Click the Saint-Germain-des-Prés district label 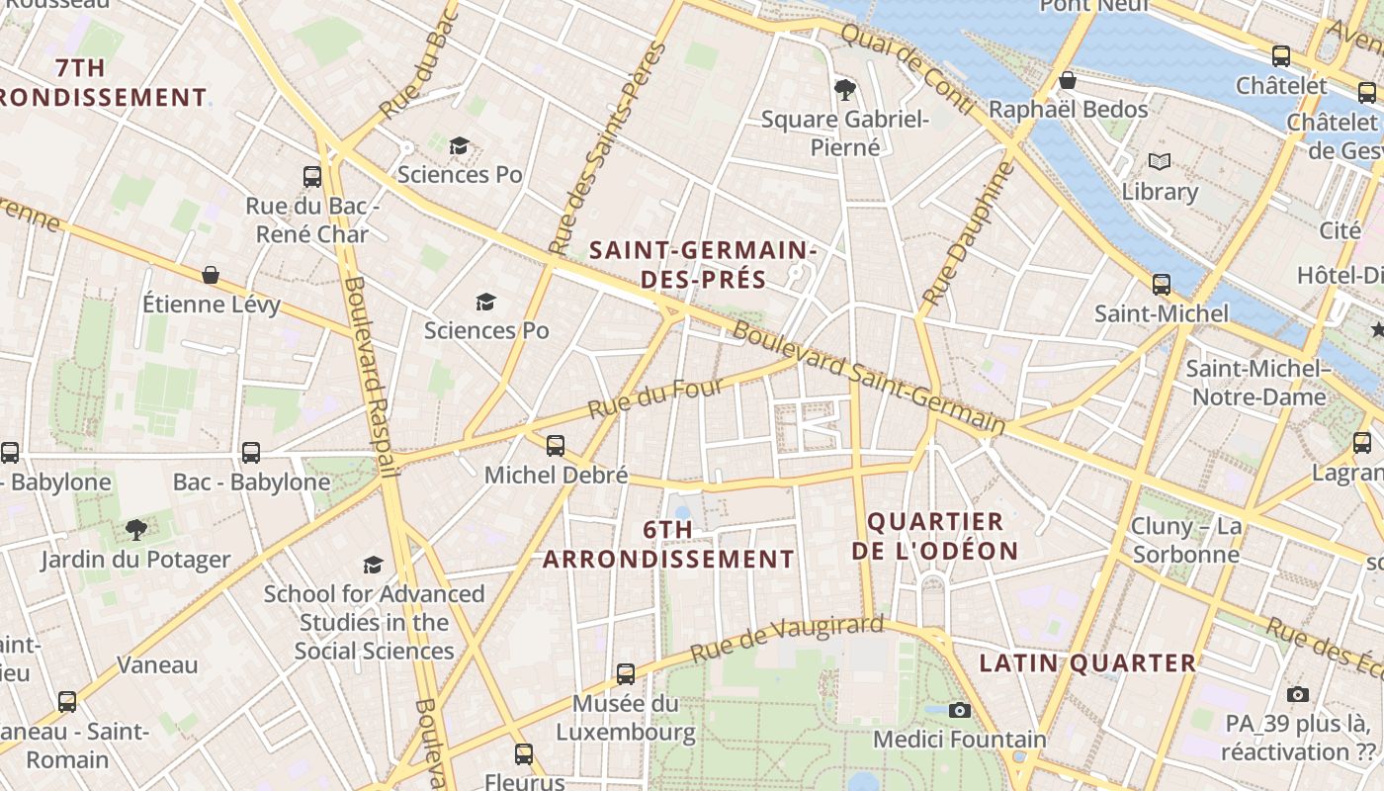(703, 265)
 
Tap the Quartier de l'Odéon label (935, 536)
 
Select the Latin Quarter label (1087, 663)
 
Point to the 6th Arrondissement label (668, 545)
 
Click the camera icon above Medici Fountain (959, 710)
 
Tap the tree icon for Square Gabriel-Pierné (845, 90)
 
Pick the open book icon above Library (1159, 161)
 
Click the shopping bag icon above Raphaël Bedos (1068, 80)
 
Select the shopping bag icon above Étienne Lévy (211, 275)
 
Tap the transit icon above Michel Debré (556, 446)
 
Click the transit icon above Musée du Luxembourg (626, 674)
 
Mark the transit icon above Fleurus (524, 754)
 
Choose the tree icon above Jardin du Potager (135, 530)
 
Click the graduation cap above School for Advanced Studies (373, 565)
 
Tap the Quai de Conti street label (908, 65)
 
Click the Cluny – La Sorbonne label (1185, 540)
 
